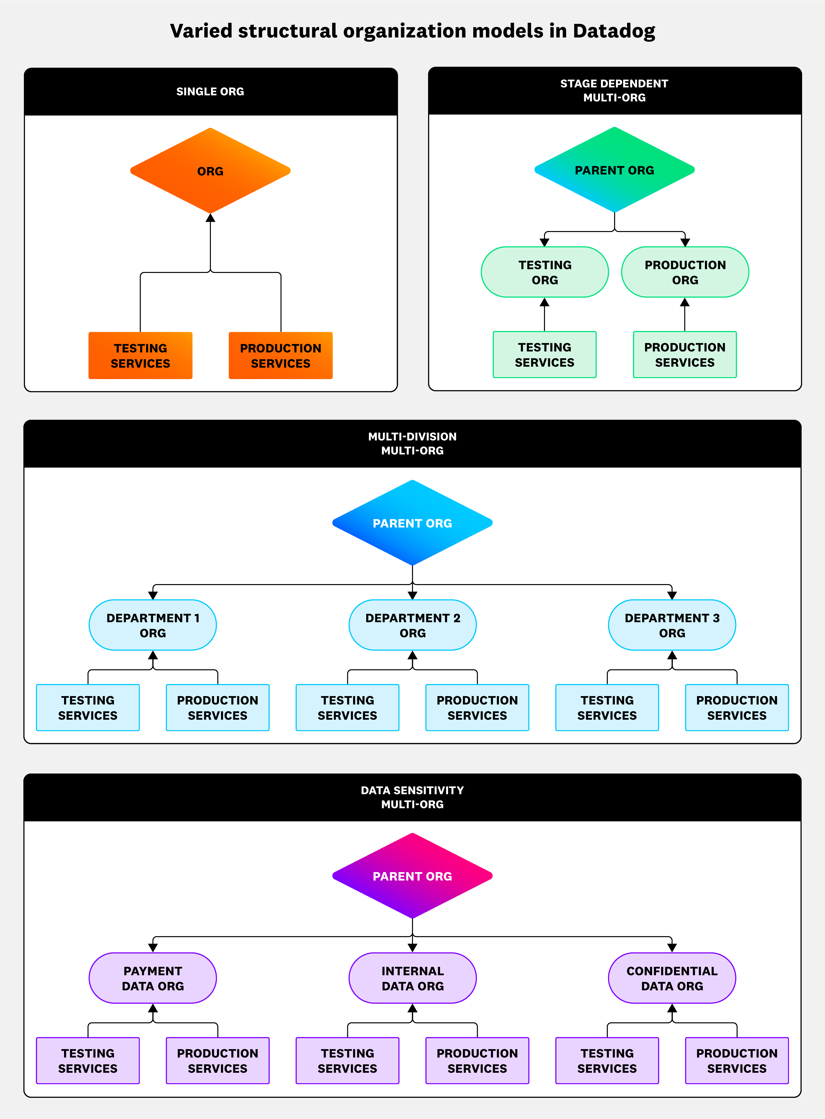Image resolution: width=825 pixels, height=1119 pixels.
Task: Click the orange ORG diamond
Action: coord(210,171)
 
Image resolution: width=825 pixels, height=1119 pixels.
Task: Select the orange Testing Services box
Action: coord(140,355)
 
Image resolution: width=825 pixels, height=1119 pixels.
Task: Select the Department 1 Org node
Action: coord(153,625)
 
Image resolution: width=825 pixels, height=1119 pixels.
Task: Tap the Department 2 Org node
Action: coord(412,625)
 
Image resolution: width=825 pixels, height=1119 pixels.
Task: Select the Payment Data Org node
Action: coord(153,978)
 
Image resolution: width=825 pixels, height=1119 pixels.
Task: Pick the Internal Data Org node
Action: coord(412,978)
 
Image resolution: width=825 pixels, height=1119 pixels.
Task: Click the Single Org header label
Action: coord(210,91)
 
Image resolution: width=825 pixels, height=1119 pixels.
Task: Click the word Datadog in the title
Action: coord(614,31)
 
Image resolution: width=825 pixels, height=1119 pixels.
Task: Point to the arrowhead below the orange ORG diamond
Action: coord(210,218)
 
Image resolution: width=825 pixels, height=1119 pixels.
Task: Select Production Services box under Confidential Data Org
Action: coord(737,1061)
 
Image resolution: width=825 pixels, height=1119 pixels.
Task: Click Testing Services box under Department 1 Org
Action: coord(88,708)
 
